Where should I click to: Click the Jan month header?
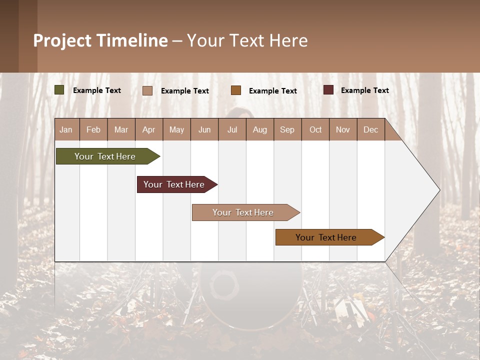pyautogui.click(x=66, y=129)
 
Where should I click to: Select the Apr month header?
pyautogui.click(x=149, y=129)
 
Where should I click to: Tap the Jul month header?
pyautogui.click(x=232, y=129)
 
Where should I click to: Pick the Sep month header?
pyautogui.click(x=287, y=129)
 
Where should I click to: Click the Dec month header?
pyautogui.click(x=370, y=129)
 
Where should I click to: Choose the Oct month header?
pyautogui.click(x=315, y=129)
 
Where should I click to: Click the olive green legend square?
pyautogui.click(x=59, y=90)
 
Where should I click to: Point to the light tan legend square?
pyautogui.click(x=147, y=90)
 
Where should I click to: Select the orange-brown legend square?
pyautogui.click(x=236, y=90)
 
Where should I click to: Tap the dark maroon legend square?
pyautogui.click(x=328, y=90)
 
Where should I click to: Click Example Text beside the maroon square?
pyautogui.click(x=364, y=90)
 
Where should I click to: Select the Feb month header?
pyautogui.click(x=93, y=129)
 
